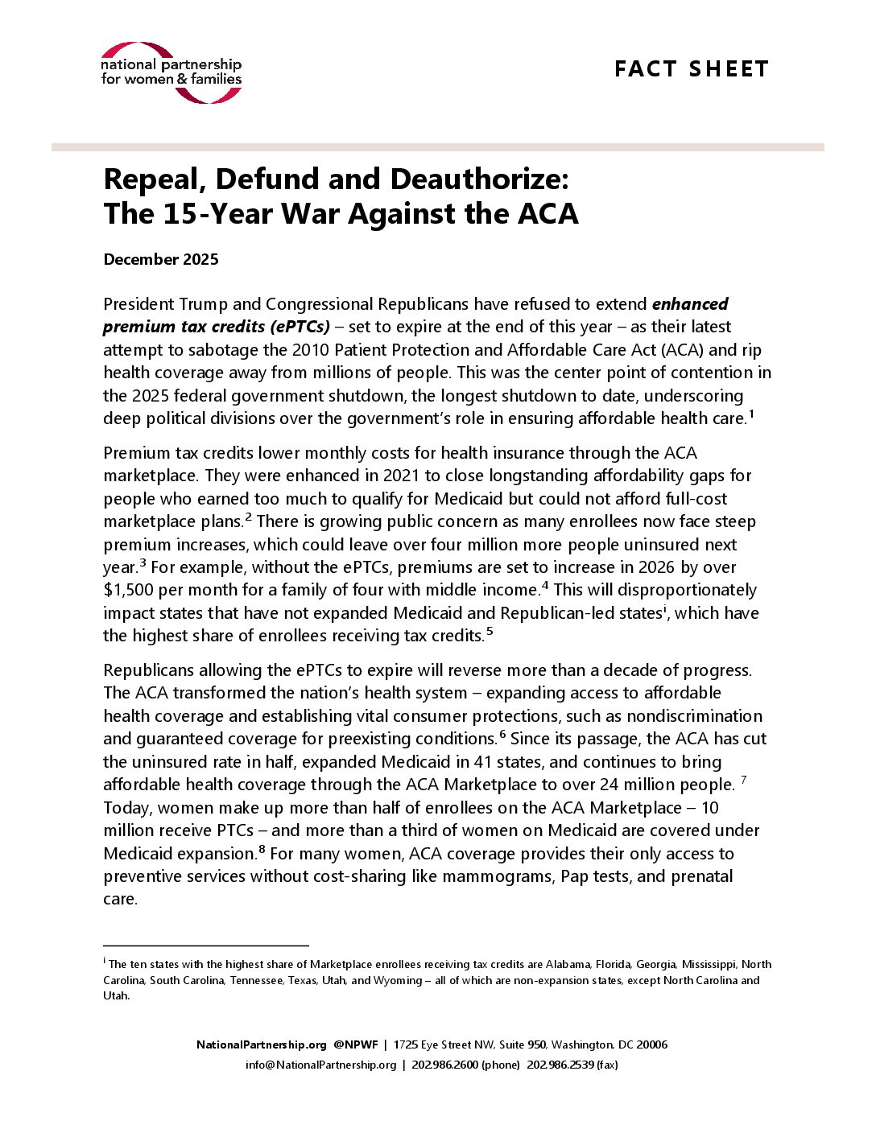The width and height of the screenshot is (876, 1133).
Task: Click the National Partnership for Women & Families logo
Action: click(171, 72)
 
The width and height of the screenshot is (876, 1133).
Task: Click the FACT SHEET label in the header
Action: click(691, 69)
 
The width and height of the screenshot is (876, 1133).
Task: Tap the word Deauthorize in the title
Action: click(479, 179)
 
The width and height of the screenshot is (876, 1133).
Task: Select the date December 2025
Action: click(161, 259)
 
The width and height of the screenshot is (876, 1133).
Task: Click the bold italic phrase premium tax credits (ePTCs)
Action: click(216, 327)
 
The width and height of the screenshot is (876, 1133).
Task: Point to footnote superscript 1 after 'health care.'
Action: click(751, 414)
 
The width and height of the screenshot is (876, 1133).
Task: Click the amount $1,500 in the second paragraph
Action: click(128, 590)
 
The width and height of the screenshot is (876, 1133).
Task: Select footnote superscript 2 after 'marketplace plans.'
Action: click(249, 517)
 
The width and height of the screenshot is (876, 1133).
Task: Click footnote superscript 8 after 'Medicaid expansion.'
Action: click(262, 849)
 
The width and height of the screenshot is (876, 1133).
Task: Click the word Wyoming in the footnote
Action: click(398, 980)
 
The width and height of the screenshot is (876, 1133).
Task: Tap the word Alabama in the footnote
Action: click(568, 964)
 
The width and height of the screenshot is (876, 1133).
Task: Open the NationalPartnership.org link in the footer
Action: click(262, 1044)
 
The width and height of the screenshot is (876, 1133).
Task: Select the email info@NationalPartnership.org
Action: click(320, 1065)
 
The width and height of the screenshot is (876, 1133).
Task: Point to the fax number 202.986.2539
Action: click(560, 1065)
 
